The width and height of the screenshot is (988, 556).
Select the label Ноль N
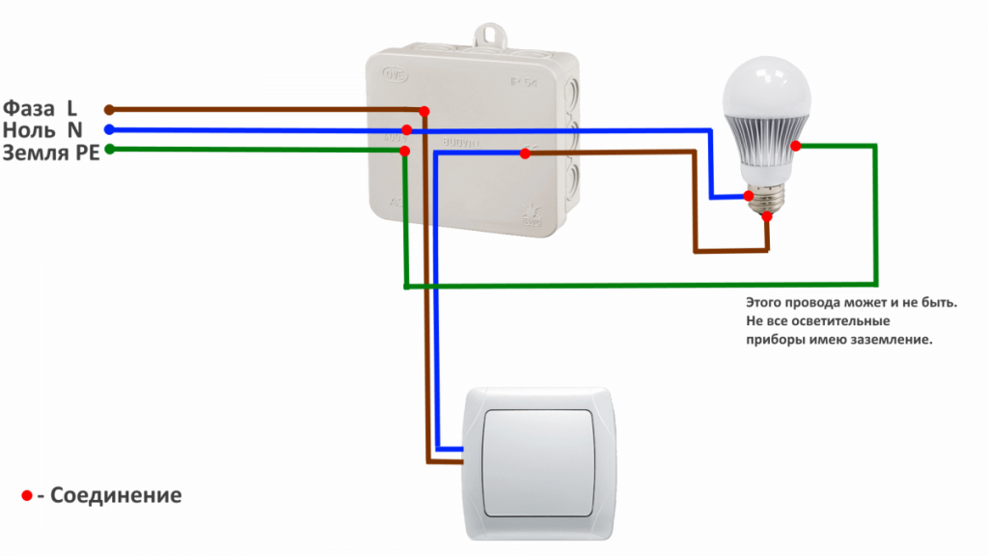pyautogui.click(x=43, y=129)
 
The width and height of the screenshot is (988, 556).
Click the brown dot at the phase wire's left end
pyautogui.click(x=109, y=109)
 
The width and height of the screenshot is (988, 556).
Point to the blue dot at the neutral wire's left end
pyautogui.click(x=109, y=129)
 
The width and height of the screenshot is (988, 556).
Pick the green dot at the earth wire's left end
pyautogui.click(x=109, y=150)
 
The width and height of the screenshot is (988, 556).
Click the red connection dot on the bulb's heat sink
pyautogui.click(x=796, y=146)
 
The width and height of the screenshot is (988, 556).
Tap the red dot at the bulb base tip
pyautogui.click(x=767, y=217)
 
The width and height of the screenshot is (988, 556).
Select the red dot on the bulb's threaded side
pyautogui.click(x=749, y=196)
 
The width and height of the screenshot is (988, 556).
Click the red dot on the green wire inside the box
pyautogui.click(x=405, y=152)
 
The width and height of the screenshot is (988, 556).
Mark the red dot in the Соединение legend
pyautogui.click(x=27, y=496)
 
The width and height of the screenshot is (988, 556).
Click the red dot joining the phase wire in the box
pyautogui.click(x=424, y=112)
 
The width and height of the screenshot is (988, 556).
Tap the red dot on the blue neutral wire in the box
pyautogui.click(x=407, y=129)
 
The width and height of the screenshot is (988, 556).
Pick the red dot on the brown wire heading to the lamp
pyautogui.click(x=525, y=153)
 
